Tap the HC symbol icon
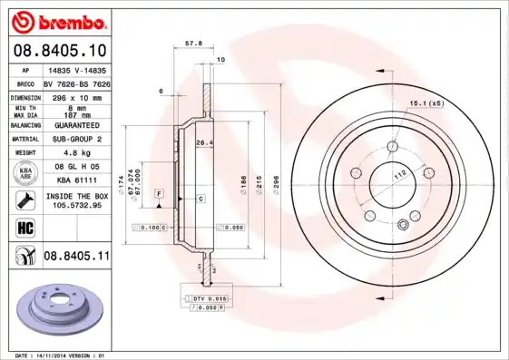(x=24, y=227)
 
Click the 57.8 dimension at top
(x=192, y=42)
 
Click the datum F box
(x=158, y=194)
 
